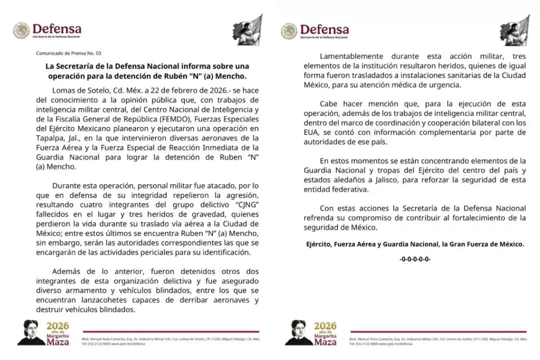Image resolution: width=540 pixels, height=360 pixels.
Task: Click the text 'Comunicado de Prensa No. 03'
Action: (x=68, y=53)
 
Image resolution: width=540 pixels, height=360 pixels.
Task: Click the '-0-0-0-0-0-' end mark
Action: (x=415, y=259)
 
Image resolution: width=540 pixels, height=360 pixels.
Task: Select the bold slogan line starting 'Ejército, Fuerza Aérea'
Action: (x=415, y=244)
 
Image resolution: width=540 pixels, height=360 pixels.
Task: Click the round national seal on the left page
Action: (x=21, y=31)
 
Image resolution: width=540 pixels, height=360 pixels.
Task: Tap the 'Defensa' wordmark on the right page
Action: (x=324, y=29)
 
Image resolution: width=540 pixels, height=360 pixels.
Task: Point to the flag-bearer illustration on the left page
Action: (x=247, y=30)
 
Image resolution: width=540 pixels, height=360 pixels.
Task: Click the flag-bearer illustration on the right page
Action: (x=515, y=30)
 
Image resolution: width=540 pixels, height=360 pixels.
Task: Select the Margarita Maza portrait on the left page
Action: (x=31, y=333)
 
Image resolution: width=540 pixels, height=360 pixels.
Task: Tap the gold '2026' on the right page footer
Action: (x=325, y=326)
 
